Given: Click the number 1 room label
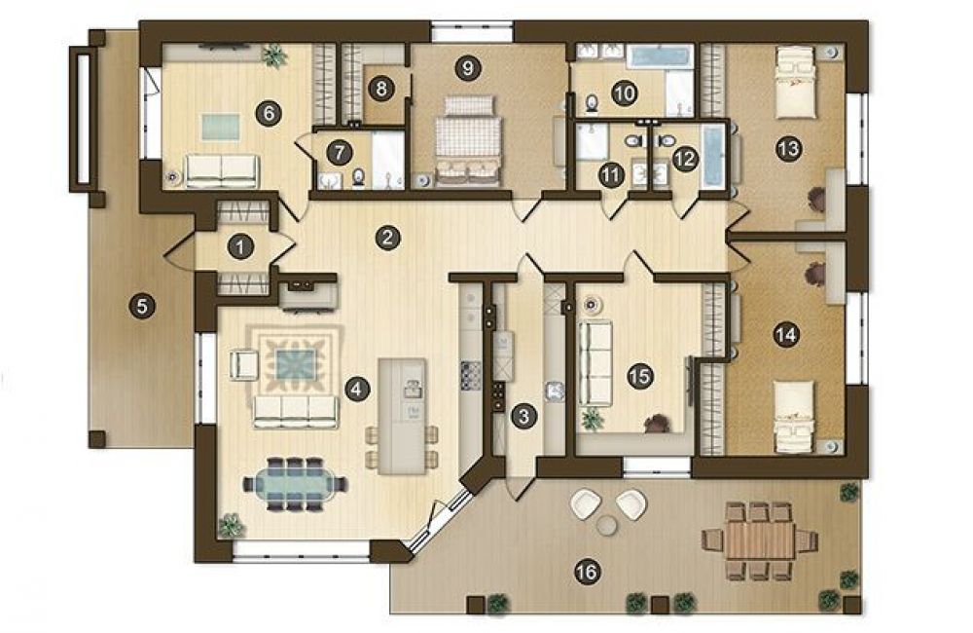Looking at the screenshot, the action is point(240,247).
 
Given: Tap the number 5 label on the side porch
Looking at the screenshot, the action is point(142,306).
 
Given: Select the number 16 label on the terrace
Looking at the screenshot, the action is point(587,571).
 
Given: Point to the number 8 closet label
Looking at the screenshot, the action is point(381,89).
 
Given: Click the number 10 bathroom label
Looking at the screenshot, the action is point(625,93).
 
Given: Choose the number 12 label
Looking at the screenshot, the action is point(685,160).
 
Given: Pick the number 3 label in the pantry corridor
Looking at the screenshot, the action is point(523,416).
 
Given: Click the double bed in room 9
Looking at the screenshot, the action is point(468,141).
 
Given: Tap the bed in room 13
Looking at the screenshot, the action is point(795,83).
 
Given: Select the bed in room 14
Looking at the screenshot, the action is point(794,417).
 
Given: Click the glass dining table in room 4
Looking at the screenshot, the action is point(295,484).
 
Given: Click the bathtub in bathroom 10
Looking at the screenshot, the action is point(660,56).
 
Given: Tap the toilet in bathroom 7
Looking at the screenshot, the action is point(359,178).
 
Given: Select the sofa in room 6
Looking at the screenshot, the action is point(222,170).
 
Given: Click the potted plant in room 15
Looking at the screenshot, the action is point(593,420).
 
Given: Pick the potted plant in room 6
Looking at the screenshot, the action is point(273,56).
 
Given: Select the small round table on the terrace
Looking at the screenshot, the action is point(606,525).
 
